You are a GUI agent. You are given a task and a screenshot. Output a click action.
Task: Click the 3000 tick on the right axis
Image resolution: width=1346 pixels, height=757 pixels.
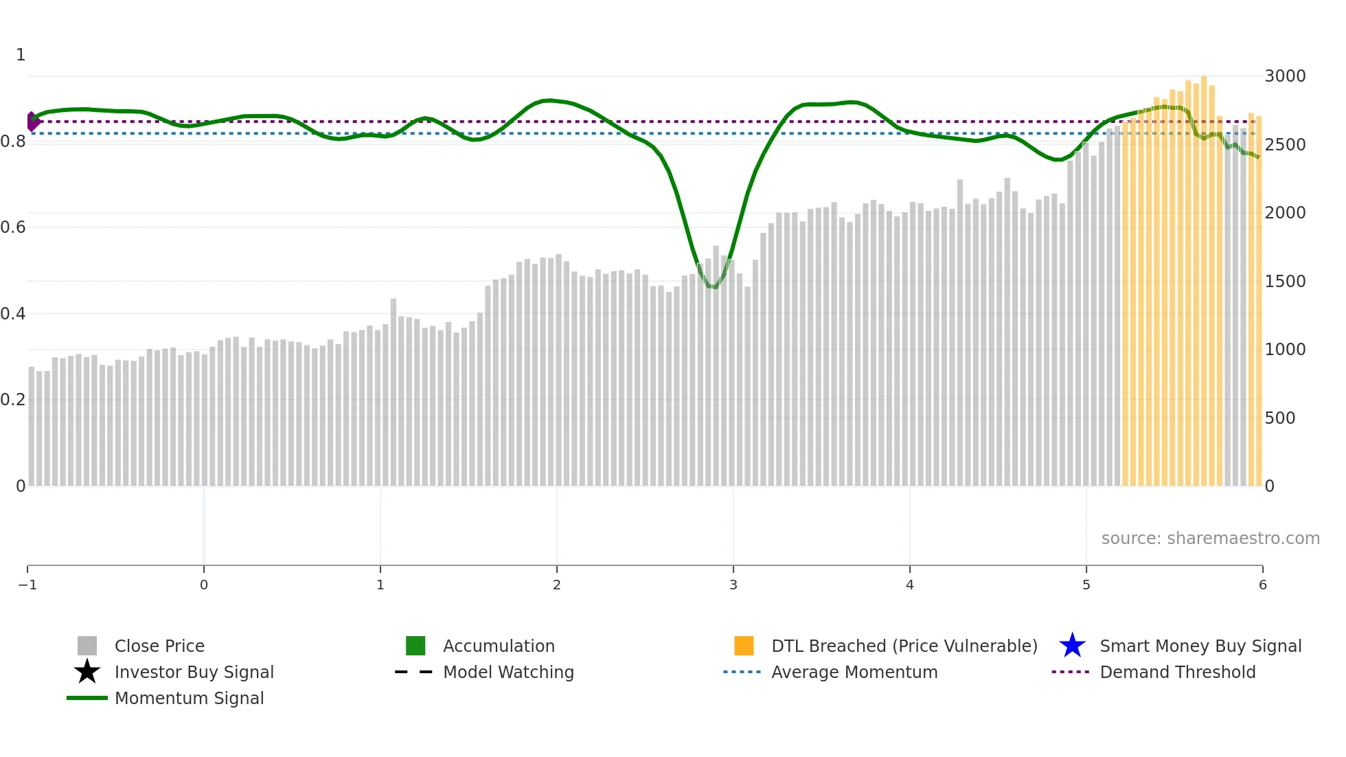click(x=1284, y=76)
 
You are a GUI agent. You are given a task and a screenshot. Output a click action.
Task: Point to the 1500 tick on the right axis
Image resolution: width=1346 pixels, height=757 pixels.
click(x=1284, y=282)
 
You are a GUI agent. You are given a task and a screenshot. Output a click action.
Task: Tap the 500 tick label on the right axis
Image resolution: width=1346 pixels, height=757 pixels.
click(x=1279, y=418)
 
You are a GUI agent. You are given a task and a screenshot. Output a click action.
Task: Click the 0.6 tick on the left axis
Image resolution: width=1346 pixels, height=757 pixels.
click(x=13, y=227)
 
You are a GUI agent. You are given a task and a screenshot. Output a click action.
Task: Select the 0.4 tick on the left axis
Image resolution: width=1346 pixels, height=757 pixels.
click(x=13, y=314)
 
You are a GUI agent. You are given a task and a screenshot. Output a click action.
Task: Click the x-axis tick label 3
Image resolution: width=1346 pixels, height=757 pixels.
click(x=733, y=585)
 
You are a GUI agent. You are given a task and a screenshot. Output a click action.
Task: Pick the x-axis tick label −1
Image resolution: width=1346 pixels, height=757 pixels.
click(x=27, y=585)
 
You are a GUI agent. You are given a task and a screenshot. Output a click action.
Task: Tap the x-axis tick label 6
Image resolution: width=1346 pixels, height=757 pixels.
click(x=1262, y=585)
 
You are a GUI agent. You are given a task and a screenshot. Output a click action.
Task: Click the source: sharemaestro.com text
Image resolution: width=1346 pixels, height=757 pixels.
click(x=1210, y=539)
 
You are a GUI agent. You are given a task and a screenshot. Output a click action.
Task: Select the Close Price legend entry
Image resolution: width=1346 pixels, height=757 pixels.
click(x=159, y=646)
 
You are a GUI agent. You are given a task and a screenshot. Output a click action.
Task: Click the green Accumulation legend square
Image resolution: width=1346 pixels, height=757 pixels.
click(x=415, y=646)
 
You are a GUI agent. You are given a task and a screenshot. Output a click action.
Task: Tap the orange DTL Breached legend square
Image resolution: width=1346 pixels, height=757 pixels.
click(x=744, y=646)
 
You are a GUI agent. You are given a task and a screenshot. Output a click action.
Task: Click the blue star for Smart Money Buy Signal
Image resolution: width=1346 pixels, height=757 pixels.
click(x=1072, y=646)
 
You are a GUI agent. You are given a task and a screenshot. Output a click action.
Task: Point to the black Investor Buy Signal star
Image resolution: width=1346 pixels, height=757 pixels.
click(x=87, y=672)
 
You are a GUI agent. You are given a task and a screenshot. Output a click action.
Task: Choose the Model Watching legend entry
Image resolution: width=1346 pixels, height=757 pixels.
click(x=507, y=673)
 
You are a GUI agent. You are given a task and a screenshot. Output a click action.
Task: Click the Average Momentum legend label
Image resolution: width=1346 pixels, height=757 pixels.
click(x=854, y=673)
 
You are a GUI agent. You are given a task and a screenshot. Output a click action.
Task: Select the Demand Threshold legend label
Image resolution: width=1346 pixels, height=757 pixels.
click(x=1177, y=673)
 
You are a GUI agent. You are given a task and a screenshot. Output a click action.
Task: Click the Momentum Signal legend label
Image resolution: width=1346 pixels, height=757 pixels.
click(x=189, y=699)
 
